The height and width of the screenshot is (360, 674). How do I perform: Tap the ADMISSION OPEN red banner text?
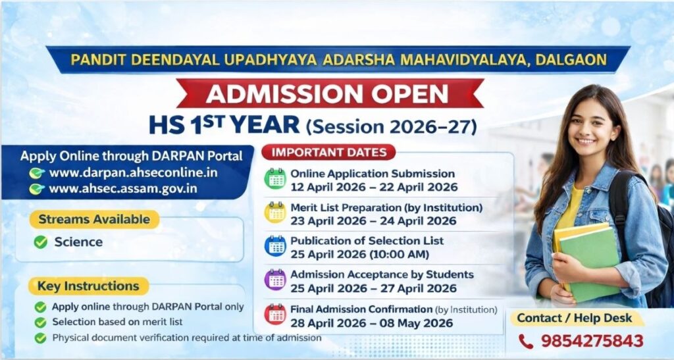tap(327, 93)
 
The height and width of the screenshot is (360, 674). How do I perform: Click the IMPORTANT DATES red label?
tap(329, 152)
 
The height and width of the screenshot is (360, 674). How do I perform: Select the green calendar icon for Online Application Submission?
tap(275, 179)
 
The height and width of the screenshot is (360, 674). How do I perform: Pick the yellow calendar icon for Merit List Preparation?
tap(275, 212)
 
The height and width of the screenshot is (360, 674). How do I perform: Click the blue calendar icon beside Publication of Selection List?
tap(275, 245)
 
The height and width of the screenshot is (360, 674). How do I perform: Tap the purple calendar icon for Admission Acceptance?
tap(275, 280)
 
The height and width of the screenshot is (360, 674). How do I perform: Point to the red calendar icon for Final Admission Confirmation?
tap(275, 314)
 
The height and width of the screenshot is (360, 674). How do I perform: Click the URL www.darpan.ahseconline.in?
tap(133, 172)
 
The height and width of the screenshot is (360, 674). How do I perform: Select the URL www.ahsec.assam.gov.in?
tap(123, 189)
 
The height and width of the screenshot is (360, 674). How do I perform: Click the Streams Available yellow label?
tap(94, 220)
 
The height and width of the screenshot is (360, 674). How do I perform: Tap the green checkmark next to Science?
tap(40, 242)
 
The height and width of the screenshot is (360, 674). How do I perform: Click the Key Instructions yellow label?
tap(89, 286)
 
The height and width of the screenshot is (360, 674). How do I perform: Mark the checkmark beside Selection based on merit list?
tap(40, 322)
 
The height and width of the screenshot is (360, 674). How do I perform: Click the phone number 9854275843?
tap(592, 341)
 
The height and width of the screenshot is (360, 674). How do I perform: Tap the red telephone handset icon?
tap(526, 342)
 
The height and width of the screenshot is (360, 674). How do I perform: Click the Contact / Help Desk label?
tap(574, 319)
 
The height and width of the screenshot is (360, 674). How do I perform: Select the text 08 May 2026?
tap(416, 324)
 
